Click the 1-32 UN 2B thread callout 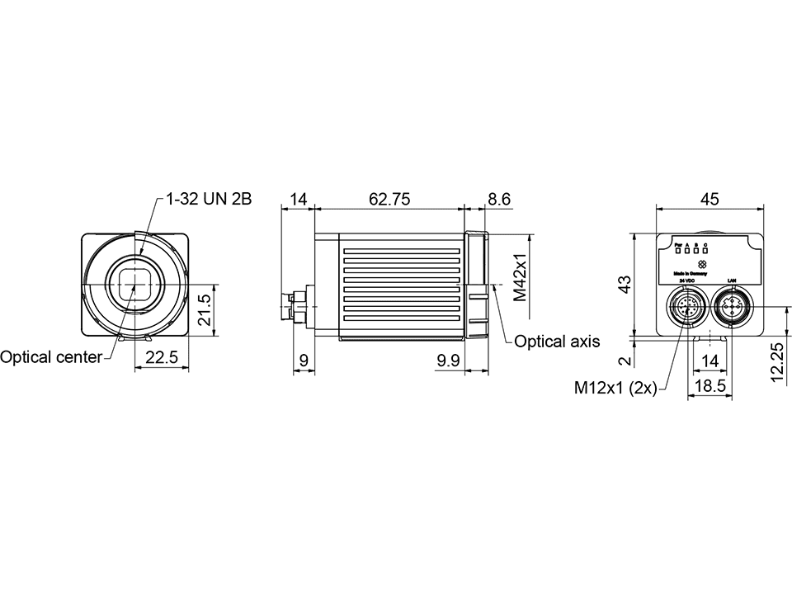208,200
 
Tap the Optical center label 51,357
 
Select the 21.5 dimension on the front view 205,309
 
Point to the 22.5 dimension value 162,357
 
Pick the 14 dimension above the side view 298,200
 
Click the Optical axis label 557,341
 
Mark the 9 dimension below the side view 303,360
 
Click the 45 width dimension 709,200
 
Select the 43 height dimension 625,284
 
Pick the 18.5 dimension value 709,386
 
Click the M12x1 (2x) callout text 615,388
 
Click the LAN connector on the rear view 730,308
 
